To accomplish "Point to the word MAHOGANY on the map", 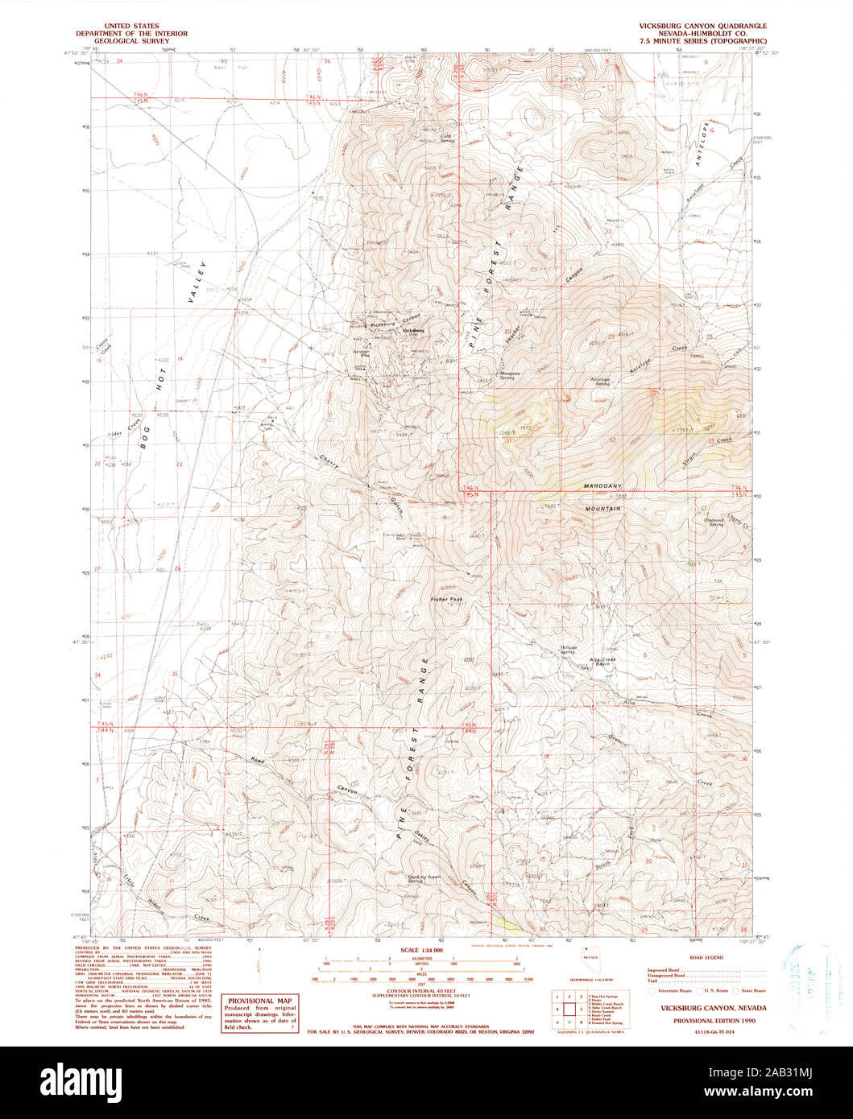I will [x=604, y=487].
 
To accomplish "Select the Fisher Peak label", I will [x=445, y=599].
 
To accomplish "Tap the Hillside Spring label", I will [x=573, y=649].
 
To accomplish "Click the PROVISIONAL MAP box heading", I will [x=259, y=1001].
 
